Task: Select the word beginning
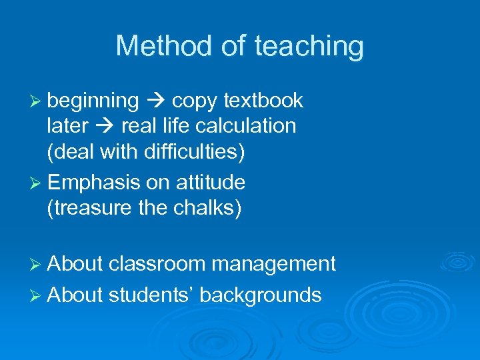(x=93, y=101)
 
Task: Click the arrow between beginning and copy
(x=155, y=101)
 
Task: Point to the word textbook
(x=263, y=101)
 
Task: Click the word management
(x=273, y=264)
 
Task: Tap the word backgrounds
(x=261, y=294)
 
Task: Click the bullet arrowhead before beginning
(x=37, y=101)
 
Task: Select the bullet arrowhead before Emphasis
(x=37, y=183)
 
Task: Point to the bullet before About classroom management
(x=37, y=265)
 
